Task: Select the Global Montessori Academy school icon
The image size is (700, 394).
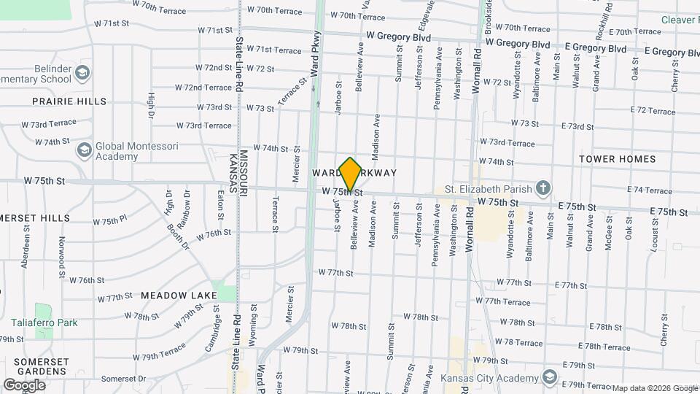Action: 85,150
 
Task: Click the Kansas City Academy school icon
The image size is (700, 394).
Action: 548,378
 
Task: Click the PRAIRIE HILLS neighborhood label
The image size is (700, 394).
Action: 69,101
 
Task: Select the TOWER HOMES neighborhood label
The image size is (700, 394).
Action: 618,159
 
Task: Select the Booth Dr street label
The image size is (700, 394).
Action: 177,237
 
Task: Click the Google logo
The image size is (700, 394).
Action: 24,385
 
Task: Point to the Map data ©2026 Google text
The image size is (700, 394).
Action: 655,388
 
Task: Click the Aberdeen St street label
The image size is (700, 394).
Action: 26,251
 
